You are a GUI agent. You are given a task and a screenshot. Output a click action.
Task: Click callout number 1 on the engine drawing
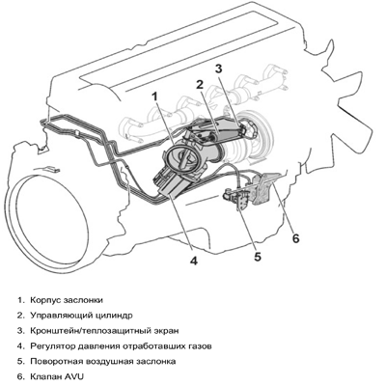155,96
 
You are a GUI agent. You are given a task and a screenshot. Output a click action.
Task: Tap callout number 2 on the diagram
200,85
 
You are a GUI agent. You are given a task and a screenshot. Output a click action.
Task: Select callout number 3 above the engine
218,69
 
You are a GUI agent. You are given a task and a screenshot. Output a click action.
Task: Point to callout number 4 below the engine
193,261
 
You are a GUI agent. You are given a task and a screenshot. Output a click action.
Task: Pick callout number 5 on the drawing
258,257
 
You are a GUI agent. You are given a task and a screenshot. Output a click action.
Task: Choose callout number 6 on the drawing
295,238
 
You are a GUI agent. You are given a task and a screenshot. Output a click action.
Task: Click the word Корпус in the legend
45,300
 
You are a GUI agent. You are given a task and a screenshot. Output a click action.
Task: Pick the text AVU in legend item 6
73,376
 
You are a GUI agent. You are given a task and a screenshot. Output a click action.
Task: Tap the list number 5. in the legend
21,361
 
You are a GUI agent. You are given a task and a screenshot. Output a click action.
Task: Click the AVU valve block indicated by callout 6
264,188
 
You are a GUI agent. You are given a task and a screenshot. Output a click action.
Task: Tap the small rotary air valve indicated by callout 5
236,198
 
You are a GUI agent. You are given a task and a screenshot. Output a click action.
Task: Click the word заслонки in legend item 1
83,300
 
